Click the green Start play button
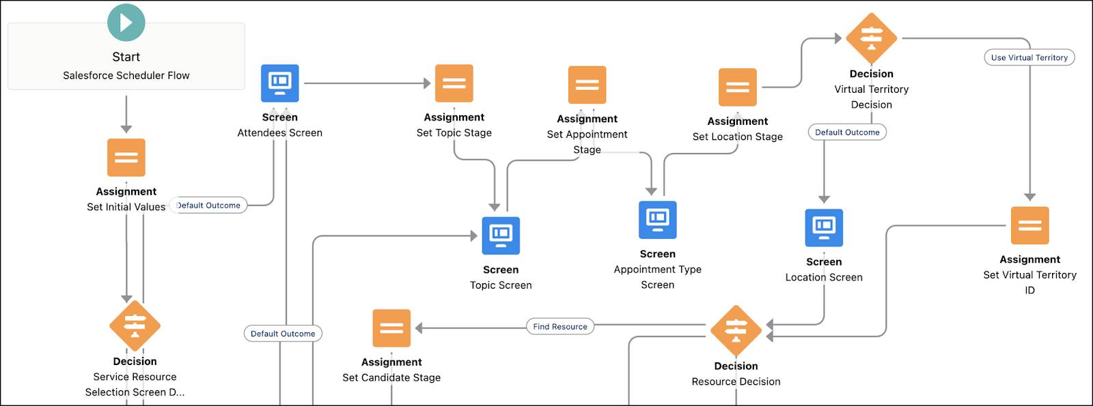point(126,23)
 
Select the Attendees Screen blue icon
point(280,83)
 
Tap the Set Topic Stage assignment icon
point(454,83)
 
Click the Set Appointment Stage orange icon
point(587,85)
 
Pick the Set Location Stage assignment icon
point(738,87)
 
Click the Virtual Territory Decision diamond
point(871,38)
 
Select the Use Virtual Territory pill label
point(1029,57)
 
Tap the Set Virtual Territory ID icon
point(1029,226)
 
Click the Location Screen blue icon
point(824,227)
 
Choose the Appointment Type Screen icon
point(657,220)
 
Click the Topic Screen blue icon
point(501,235)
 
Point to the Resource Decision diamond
point(736,330)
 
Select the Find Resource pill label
point(560,327)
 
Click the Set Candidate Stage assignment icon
point(391,328)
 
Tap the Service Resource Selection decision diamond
point(135,325)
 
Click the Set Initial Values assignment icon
point(126,158)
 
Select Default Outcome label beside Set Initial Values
point(208,205)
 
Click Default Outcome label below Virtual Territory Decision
point(847,132)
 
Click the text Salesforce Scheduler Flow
point(126,76)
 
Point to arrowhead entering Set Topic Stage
point(427,83)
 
